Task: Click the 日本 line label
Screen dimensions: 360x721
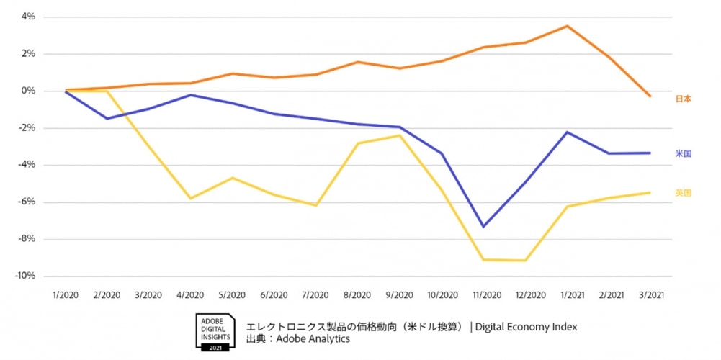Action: [x=683, y=99]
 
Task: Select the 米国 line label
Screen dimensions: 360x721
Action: [x=683, y=154]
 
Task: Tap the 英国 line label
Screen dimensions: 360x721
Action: [x=683, y=193]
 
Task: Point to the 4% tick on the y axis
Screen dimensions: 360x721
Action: [x=28, y=17]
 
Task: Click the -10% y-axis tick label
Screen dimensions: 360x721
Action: [x=25, y=276]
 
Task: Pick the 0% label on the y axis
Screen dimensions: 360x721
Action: [x=28, y=91]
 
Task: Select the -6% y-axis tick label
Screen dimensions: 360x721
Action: [x=27, y=202]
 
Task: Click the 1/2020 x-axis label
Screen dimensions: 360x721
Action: [x=65, y=295]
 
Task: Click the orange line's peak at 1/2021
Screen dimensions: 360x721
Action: [x=568, y=26]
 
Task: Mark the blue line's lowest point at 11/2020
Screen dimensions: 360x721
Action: [x=483, y=227]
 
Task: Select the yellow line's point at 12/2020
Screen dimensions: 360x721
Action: [x=525, y=261]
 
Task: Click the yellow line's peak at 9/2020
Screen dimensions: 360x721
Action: [x=400, y=135]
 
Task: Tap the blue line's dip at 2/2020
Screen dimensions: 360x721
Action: [x=107, y=118]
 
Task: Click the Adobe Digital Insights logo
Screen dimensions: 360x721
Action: [x=214, y=332]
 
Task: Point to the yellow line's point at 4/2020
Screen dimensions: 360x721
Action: [x=191, y=199]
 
